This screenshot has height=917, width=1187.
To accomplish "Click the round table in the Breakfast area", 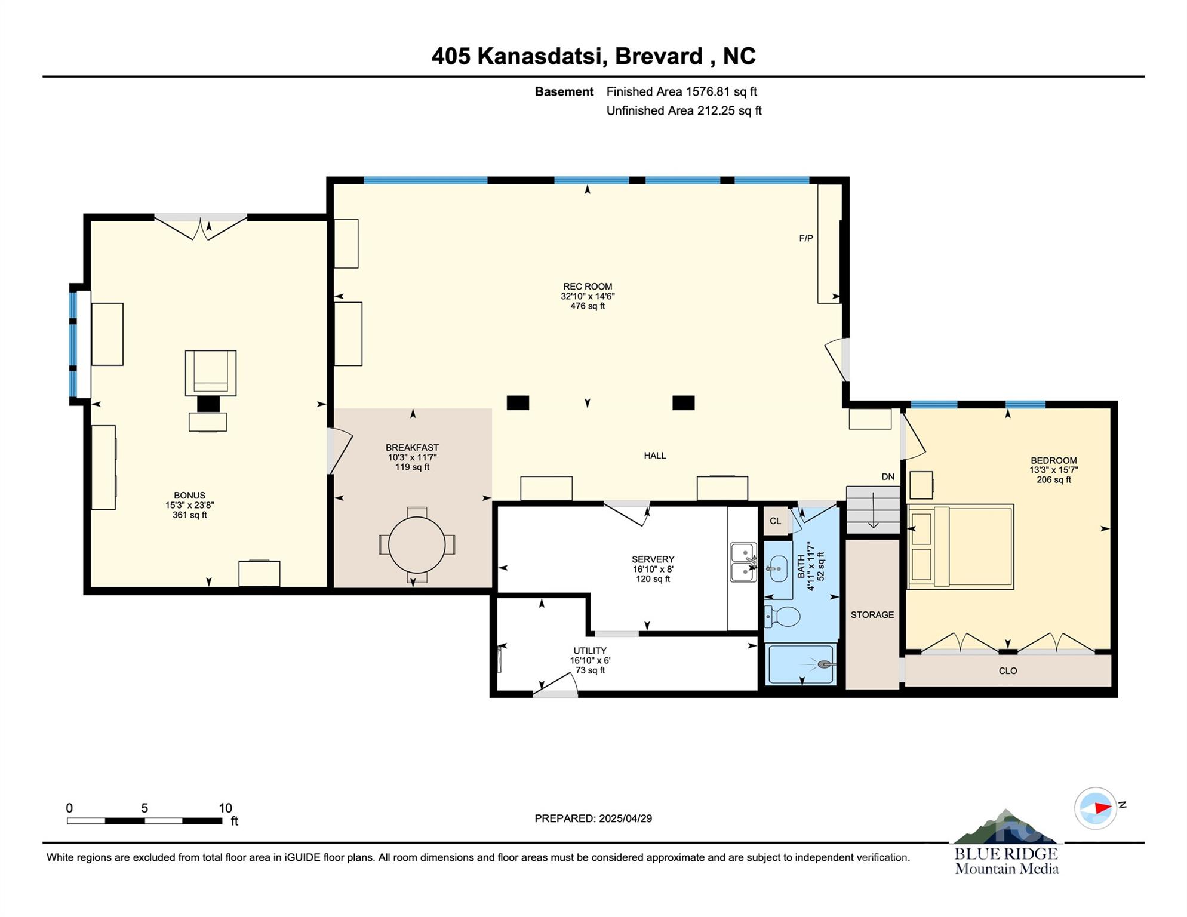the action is pos(417,545).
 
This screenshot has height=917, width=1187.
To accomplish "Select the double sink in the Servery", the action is pos(743,562).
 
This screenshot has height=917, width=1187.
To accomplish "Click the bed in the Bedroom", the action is pos(960,547).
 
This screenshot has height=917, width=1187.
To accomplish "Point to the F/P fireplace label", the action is pos(806,238).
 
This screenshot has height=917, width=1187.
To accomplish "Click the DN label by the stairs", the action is pos(888,476).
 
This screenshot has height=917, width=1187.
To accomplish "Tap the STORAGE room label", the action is pos(872,614).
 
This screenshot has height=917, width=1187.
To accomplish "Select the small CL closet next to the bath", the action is pos(776,521).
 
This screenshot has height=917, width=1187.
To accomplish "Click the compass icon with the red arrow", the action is pos(1096,808).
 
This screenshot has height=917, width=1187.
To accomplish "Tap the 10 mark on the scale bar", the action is pos(225,808).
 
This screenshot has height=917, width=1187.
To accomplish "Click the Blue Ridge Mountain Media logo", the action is pos(1007,843).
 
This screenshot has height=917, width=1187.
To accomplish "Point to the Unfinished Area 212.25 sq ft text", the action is pos(684,110).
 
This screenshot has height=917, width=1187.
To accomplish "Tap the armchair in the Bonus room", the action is pos(211,373).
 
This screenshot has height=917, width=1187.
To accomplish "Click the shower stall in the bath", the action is pos(801,664).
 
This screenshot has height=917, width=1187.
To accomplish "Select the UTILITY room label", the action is pos(590,651).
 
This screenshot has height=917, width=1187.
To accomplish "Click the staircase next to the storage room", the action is pos(873,510).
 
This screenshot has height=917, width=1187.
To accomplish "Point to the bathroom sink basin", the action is pos(778,569).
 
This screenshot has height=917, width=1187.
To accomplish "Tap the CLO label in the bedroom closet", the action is pos(1008,671).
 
